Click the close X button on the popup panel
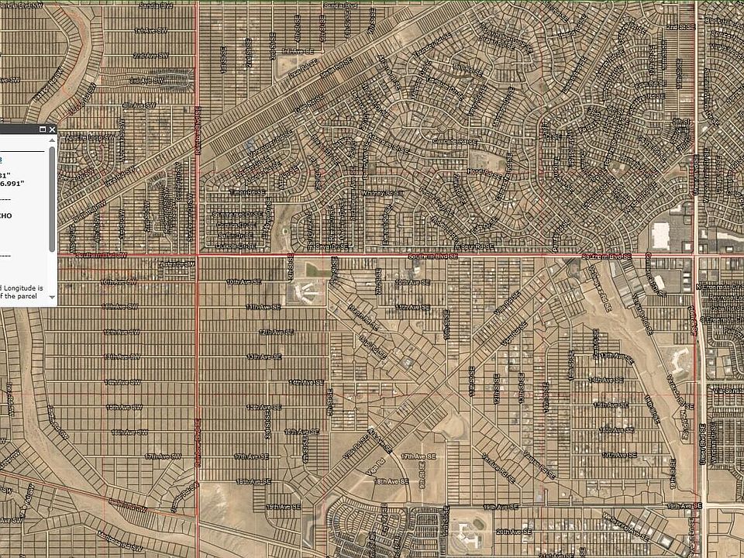52,129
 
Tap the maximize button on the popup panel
42,129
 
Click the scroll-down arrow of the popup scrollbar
52,296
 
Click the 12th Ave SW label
122,332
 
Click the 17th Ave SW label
164,456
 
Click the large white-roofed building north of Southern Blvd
661,234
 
